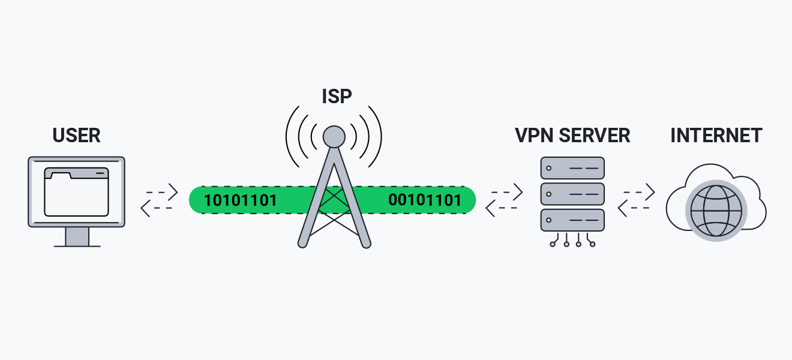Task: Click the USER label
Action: (76, 135)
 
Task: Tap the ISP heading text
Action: (336, 96)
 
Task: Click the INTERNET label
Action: (716, 135)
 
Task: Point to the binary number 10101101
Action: (241, 200)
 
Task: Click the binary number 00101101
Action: (425, 200)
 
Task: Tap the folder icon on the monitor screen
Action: (76, 191)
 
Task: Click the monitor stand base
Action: (77, 245)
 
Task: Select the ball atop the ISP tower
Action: (334, 137)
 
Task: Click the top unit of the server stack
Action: (572, 168)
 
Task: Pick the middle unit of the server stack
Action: (572, 194)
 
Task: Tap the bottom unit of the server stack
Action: (572, 220)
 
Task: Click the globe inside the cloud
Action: (716, 211)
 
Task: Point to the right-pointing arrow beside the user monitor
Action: (162, 192)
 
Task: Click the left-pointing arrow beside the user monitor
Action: (156, 208)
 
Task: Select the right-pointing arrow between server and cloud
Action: (639, 192)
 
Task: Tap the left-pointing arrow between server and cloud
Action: (633, 208)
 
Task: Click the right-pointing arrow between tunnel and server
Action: (507, 192)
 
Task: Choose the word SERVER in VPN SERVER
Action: (595, 135)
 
